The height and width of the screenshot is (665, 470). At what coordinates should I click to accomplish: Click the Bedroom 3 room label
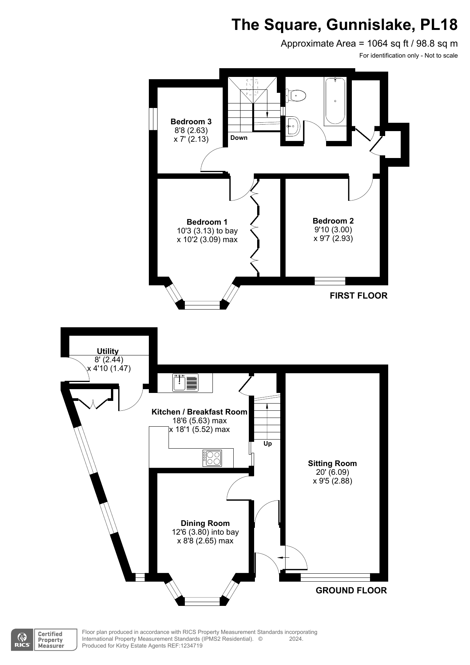click(x=191, y=122)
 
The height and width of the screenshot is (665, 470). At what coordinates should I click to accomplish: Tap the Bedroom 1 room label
click(x=207, y=222)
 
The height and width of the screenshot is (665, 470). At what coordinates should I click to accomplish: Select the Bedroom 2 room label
click(x=333, y=221)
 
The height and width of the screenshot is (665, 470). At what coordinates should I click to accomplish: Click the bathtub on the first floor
click(x=335, y=101)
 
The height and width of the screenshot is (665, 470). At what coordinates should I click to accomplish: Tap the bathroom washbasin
click(x=293, y=126)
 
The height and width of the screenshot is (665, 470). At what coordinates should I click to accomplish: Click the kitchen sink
click(x=186, y=382)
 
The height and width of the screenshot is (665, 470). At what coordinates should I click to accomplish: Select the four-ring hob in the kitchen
click(x=212, y=458)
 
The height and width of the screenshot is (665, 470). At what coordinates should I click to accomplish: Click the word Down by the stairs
click(x=239, y=138)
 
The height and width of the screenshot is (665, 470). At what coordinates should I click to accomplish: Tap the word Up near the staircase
click(x=268, y=444)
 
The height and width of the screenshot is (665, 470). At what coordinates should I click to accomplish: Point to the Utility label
click(x=108, y=351)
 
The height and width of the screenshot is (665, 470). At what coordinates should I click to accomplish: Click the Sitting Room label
click(x=333, y=463)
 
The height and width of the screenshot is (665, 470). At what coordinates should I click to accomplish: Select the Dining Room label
click(x=205, y=523)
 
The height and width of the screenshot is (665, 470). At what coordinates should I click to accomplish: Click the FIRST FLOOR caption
click(x=359, y=296)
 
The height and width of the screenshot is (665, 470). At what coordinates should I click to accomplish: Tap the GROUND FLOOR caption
click(x=351, y=590)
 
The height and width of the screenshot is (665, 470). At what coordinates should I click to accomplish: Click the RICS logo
click(x=22, y=640)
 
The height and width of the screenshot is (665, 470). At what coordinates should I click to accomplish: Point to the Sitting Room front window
click(x=335, y=577)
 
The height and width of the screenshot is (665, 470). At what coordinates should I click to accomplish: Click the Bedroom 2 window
click(x=330, y=281)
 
